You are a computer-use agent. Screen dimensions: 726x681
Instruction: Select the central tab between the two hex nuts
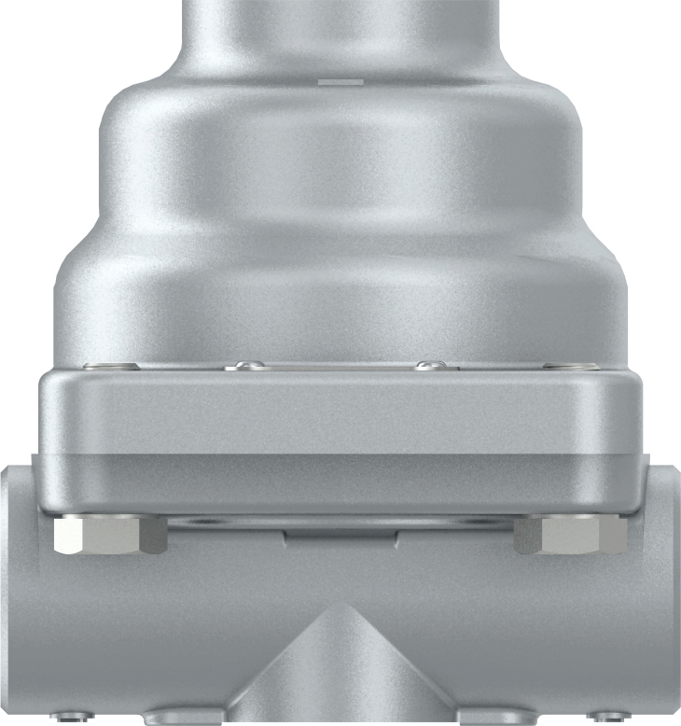click(340, 535)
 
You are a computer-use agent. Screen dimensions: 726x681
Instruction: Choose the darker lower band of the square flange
click(340, 482)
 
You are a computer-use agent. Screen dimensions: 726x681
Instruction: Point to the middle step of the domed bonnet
click(340, 168)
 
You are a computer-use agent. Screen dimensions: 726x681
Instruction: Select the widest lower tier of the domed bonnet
click(340, 299)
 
